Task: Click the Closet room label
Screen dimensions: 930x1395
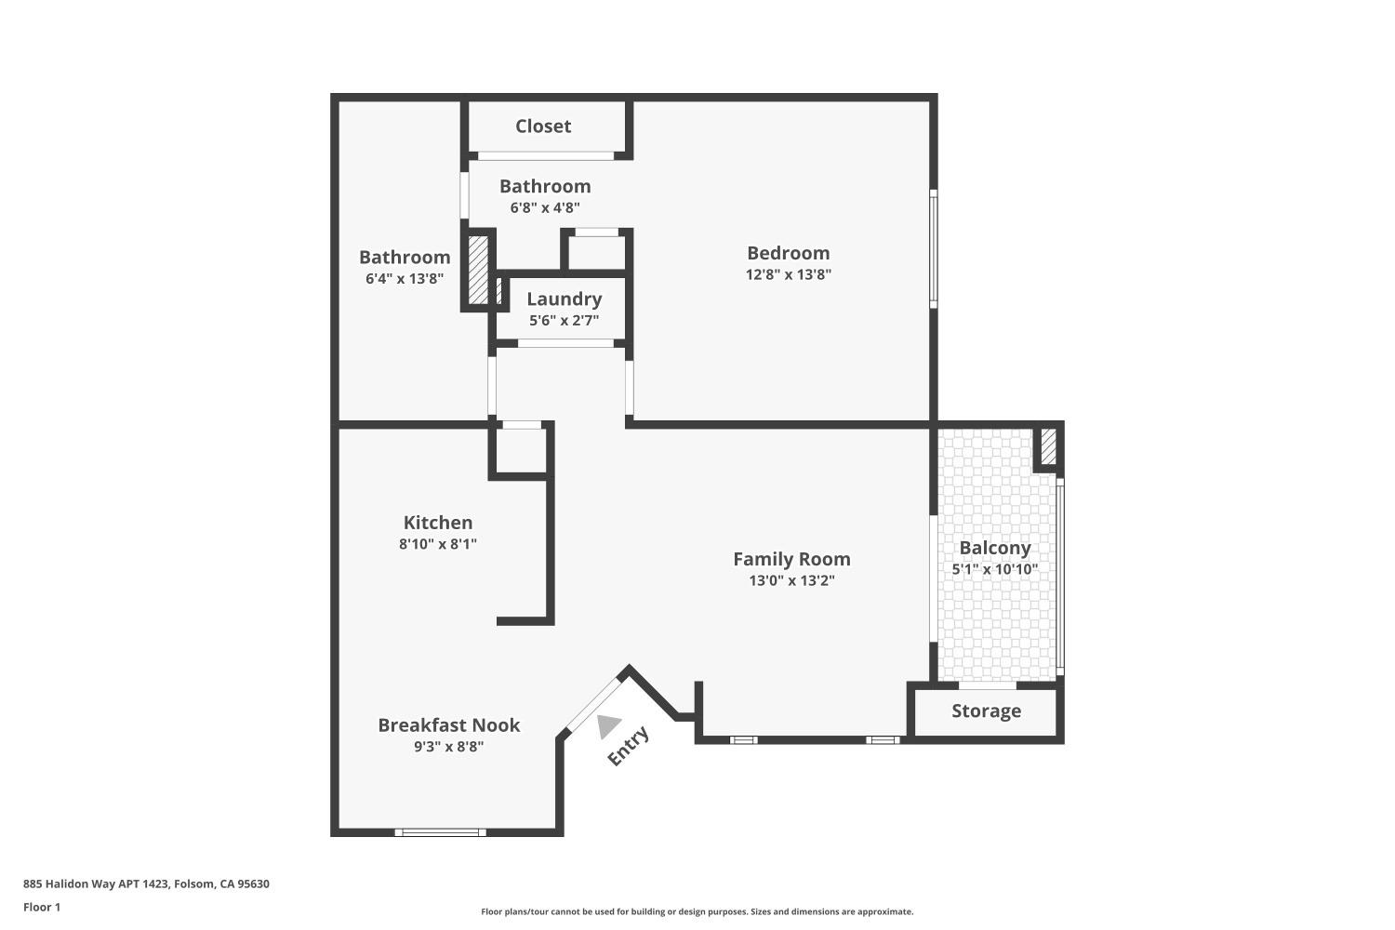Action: pyautogui.click(x=543, y=126)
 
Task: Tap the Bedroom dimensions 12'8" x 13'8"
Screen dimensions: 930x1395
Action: pyautogui.click(x=789, y=274)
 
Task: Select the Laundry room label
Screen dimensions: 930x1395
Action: pyautogui.click(x=564, y=299)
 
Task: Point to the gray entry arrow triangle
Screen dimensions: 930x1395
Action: pyautogui.click(x=608, y=725)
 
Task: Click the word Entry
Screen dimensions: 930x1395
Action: pyautogui.click(x=628, y=746)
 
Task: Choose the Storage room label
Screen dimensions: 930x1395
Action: pyautogui.click(x=986, y=711)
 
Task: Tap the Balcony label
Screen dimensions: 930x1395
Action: pyautogui.click(x=994, y=548)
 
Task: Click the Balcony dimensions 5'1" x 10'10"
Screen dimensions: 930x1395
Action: pyautogui.click(x=994, y=569)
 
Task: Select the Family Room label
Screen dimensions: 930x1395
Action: pyautogui.click(x=791, y=559)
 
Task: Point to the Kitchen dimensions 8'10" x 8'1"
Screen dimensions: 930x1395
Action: pyautogui.click(x=438, y=544)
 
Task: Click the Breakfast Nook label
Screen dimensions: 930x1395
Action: pyautogui.click(x=448, y=725)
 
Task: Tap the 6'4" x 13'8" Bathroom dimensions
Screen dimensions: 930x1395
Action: pyautogui.click(x=405, y=278)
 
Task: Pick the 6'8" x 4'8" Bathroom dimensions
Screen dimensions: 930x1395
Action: pyautogui.click(x=545, y=207)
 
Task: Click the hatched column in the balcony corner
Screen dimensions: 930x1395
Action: pyautogui.click(x=1048, y=445)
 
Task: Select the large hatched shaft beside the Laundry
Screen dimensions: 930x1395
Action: pyautogui.click(x=478, y=270)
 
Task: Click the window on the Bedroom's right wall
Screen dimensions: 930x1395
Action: pyautogui.click(x=933, y=248)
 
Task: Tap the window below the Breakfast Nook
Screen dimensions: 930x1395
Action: pyautogui.click(x=440, y=832)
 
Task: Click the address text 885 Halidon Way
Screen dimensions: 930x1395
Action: pyautogui.click(x=146, y=884)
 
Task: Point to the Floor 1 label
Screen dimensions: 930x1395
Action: pyautogui.click(x=42, y=907)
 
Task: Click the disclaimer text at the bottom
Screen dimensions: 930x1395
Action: pyautogui.click(x=697, y=912)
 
